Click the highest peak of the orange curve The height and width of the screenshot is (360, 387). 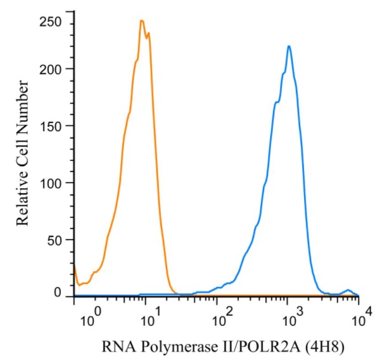(x=142, y=20)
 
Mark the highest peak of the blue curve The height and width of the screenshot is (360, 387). (x=289, y=46)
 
